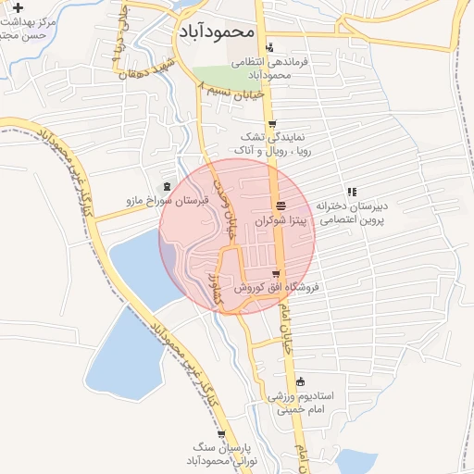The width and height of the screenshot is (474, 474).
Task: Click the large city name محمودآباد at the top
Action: [x=214, y=31]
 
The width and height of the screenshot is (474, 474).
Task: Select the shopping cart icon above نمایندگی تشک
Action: [x=271, y=124]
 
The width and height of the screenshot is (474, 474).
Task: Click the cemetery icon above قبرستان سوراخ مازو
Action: [x=167, y=186]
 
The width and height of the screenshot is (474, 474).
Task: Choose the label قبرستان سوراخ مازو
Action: [x=164, y=200]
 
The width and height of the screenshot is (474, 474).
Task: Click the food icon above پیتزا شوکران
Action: [x=281, y=206]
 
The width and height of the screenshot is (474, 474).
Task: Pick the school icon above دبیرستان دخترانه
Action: [x=352, y=192]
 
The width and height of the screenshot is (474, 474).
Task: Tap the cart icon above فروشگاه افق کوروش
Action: [x=276, y=273]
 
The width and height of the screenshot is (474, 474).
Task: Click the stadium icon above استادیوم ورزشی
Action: [x=300, y=380]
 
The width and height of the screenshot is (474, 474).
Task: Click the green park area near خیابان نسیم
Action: [x=222, y=79]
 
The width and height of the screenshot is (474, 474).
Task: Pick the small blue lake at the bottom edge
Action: [x=355, y=462]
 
